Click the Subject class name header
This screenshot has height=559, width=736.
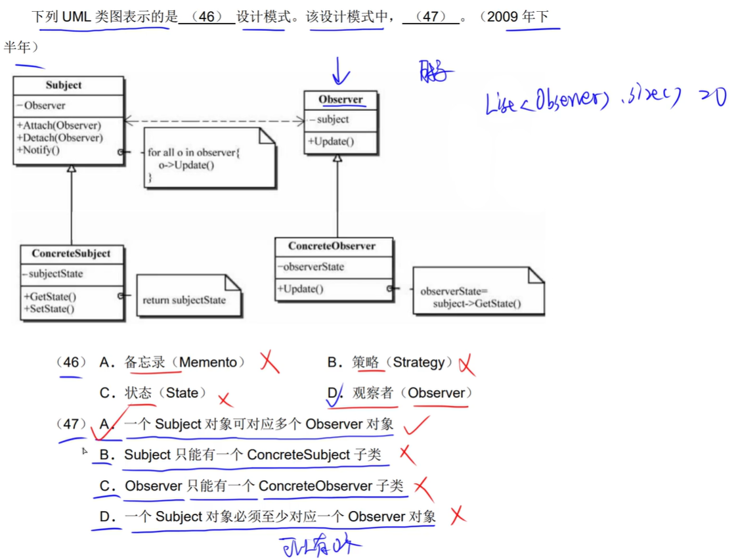click(x=64, y=85)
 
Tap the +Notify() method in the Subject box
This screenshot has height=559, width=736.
click(x=39, y=150)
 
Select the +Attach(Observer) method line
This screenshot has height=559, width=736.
click(x=60, y=125)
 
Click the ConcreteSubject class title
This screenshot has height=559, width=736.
click(x=71, y=254)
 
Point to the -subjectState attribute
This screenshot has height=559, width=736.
click(x=53, y=274)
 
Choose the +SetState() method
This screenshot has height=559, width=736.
click(x=49, y=309)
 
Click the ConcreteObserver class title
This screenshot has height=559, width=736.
click(x=332, y=246)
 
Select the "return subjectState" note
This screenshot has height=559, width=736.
click(x=184, y=300)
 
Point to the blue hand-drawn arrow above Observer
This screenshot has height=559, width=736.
click(x=340, y=71)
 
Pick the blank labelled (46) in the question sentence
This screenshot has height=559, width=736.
click(x=206, y=17)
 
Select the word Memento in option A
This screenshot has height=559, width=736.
click(x=208, y=362)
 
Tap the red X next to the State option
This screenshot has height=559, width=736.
click(x=225, y=399)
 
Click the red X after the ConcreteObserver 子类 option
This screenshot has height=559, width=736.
click(x=422, y=487)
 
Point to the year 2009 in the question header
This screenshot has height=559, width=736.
click(x=503, y=17)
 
